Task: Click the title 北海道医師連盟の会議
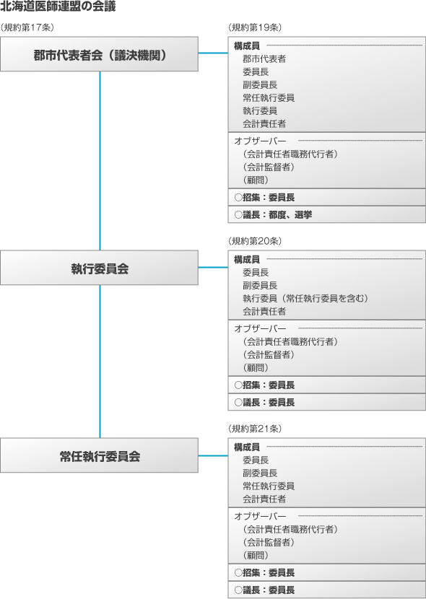coord(58,6)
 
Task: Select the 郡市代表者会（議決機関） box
coord(100,54)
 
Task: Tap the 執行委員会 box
coord(100,268)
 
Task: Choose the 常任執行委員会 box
coord(100,455)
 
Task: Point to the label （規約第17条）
coord(27,27)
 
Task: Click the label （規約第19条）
coord(255,27)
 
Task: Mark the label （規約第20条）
coord(255,241)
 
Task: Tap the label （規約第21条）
coord(255,429)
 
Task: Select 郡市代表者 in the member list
coord(264,59)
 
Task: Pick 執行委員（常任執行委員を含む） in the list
coord(305,298)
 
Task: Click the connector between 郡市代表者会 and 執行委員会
coord(100,161)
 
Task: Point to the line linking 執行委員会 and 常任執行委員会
coord(100,362)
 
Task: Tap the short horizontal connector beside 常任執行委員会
coord(213,455)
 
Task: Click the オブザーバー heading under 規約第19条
coord(260,141)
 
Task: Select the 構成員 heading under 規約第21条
coord(247,447)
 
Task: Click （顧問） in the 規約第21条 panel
coord(256,555)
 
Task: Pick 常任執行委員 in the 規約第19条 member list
coord(269,98)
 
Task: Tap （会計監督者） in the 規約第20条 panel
coord(269,354)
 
